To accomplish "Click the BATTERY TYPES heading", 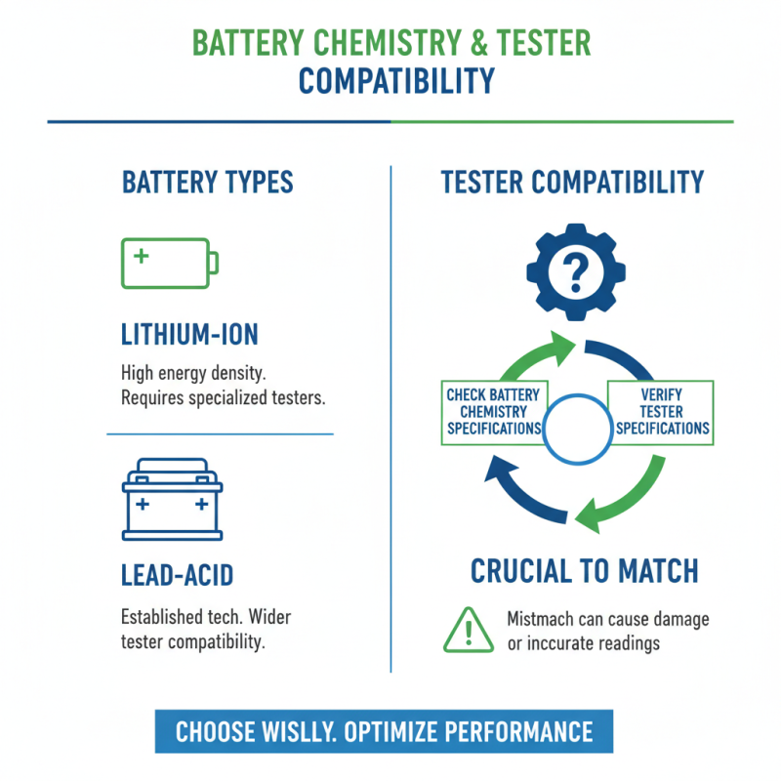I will point(207,183).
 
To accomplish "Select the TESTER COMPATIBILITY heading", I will point(572,183).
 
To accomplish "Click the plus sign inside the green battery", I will point(142,256).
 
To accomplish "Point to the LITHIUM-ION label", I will point(189,335).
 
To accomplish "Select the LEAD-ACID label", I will point(178,575).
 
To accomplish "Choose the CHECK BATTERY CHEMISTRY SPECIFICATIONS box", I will point(494,412).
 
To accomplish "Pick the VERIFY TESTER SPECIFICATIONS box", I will point(662,412).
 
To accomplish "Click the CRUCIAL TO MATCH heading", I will point(585,572).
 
